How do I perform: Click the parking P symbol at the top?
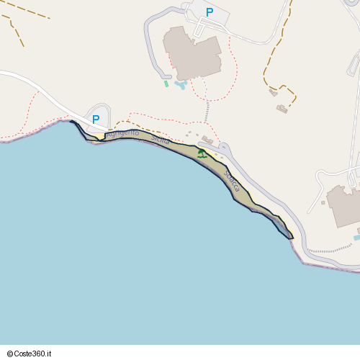[x=210, y=12]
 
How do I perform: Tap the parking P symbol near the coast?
[x=95, y=120]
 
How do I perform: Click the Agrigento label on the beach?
[x=122, y=134]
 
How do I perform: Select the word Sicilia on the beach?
[x=161, y=140]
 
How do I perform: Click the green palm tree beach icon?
[x=202, y=153]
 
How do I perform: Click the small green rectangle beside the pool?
[x=166, y=84]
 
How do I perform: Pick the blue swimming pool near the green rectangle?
[x=180, y=85]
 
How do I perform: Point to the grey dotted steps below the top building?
[x=207, y=112]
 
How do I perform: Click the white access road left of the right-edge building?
[x=317, y=191]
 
